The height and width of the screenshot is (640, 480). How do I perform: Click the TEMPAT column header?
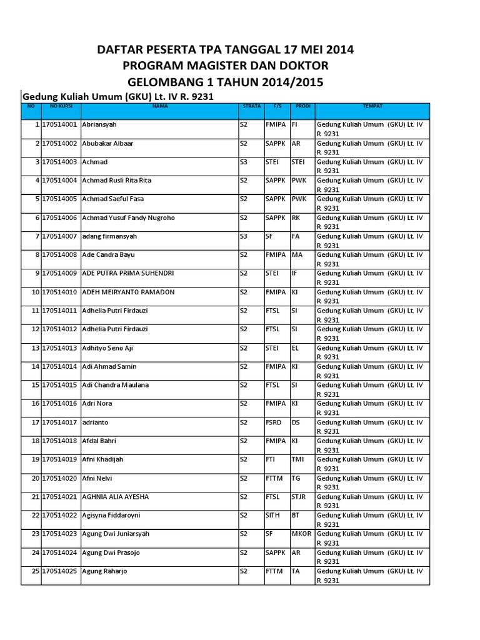pyautogui.click(x=372, y=106)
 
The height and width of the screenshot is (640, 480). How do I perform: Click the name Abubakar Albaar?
pyautogui.click(x=107, y=143)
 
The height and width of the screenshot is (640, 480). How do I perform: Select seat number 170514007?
pyautogui.click(x=61, y=236)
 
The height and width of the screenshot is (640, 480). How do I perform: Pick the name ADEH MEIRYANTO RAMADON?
pyautogui.click(x=129, y=292)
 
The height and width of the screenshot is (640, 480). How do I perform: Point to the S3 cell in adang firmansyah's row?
pyautogui.click(x=244, y=236)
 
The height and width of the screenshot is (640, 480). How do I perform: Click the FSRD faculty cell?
pyautogui.click(x=274, y=422)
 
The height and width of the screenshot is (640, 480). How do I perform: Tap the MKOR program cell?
pyautogui.click(x=301, y=534)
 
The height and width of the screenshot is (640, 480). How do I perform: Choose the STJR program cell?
pyautogui.click(x=299, y=496)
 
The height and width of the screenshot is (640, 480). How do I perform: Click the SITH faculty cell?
pyautogui.click(x=273, y=515)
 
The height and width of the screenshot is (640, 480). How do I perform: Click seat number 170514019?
pyautogui.click(x=61, y=459)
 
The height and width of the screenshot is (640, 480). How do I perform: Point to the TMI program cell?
pyautogui.click(x=297, y=459)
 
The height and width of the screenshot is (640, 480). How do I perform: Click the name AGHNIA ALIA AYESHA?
pyautogui.click(x=116, y=496)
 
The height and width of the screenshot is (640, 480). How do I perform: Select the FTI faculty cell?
pyautogui.click(x=271, y=459)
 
